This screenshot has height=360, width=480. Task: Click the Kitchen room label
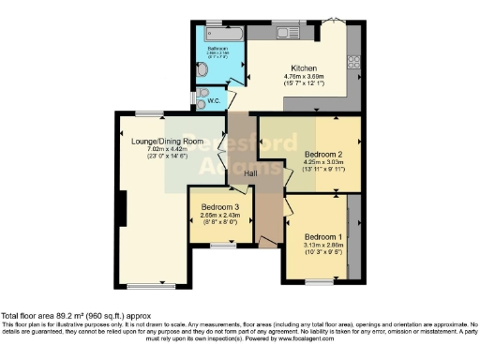coord(302,68)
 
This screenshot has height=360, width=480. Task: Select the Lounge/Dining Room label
coord(168,142)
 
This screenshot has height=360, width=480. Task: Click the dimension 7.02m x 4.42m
coord(168,151)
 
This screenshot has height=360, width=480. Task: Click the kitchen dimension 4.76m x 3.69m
coord(302,79)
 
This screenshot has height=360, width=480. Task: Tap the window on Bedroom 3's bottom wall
coord(222,246)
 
